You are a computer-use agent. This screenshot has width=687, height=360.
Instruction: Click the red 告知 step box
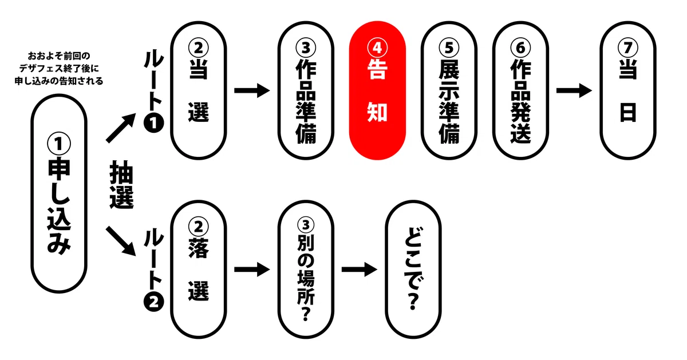377,90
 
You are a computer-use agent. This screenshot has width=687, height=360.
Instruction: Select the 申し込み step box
59,194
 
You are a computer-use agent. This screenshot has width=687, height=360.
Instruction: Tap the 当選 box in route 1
199,90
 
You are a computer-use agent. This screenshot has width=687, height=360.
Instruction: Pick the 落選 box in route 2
199,270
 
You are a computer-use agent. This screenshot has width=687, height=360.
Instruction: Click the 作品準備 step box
306,90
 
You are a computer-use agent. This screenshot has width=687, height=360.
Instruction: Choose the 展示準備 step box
449,90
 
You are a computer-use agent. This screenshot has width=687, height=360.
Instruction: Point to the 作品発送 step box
520,90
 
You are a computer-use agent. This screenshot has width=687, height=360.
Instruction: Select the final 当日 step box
628,90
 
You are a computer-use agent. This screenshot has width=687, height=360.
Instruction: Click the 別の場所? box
306,270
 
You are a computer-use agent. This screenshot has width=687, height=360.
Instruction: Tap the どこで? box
413,270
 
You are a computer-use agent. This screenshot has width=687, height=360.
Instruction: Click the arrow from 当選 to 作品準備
252,90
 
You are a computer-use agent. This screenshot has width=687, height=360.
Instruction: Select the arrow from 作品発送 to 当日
574,90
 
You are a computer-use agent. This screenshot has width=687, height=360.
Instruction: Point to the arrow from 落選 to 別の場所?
252,270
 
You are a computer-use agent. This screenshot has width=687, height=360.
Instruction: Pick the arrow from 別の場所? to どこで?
359,270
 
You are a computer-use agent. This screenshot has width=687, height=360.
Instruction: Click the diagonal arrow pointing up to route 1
121,128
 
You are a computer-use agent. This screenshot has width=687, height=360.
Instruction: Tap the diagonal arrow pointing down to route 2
121,241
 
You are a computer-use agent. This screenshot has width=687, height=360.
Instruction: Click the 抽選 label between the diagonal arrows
121,185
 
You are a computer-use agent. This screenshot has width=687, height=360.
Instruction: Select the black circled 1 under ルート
153,123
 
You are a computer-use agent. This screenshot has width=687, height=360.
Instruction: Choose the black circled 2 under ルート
153,302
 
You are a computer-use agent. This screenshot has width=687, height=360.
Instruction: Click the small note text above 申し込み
59,68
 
